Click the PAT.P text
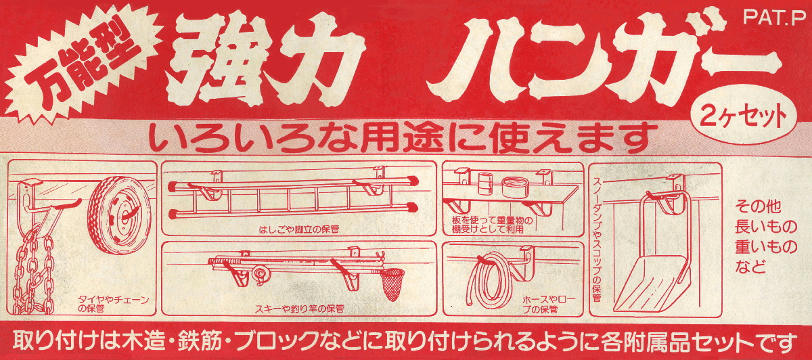coord(775,18)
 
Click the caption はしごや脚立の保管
coord(299,229)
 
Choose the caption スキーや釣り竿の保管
coord(299,309)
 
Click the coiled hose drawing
coord(489,279)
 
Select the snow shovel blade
coord(651,283)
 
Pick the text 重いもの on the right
coord(766,247)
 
